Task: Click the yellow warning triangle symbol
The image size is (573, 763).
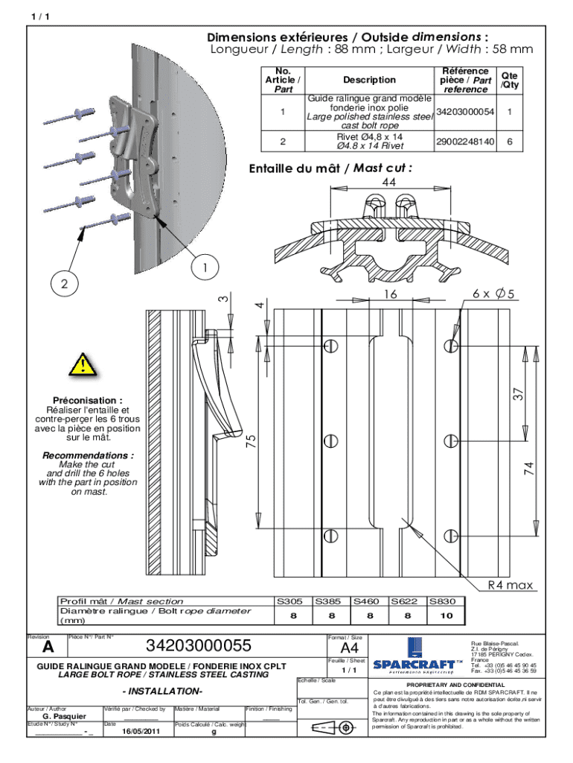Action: (x=83, y=365)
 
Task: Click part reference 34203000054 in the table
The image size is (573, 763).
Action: (x=465, y=111)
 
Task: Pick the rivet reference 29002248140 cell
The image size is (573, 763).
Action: (x=465, y=142)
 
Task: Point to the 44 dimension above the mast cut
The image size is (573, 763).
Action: (x=388, y=183)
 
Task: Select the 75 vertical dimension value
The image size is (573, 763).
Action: (x=252, y=441)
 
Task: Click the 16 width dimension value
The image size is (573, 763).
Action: (x=391, y=294)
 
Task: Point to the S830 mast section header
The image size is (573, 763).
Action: (x=446, y=601)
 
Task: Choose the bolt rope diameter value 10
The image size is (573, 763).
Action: (x=446, y=615)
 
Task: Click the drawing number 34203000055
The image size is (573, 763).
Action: (x=198, y=645)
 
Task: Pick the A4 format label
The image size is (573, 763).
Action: (x=348, y=648)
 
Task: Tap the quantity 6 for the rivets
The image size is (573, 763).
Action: (x=510, y=142)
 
